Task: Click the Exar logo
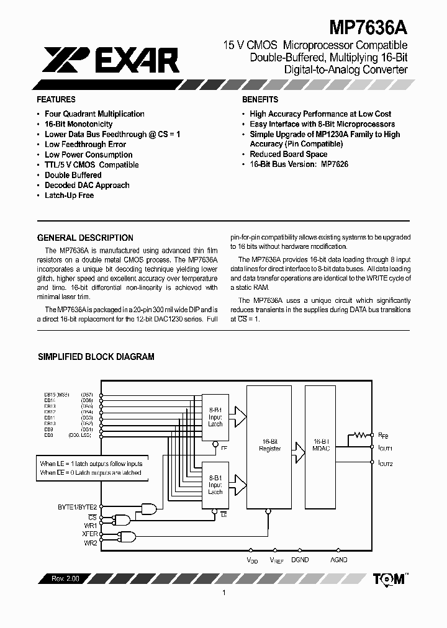(112, 60)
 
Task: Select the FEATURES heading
(56, 99)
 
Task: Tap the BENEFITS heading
(260, 99)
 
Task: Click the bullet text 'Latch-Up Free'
(69, 195)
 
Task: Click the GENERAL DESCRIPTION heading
(85, 238)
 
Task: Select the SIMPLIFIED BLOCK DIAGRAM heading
(96, 357)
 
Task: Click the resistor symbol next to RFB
(359, 436)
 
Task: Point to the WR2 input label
(90, 543)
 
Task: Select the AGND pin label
(338, 560)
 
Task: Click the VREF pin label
(276, 560)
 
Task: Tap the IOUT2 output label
(385, 463)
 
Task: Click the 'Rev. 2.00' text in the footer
(61, 578)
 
